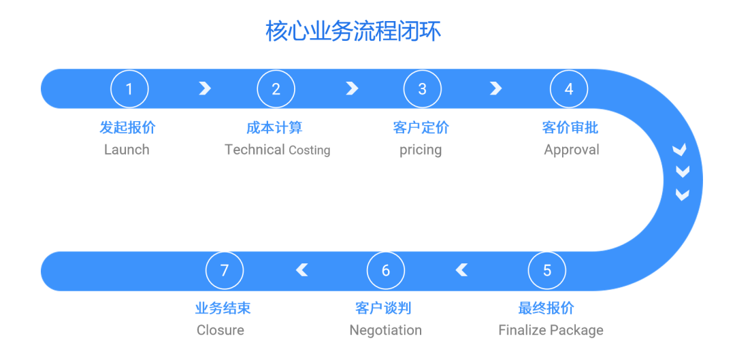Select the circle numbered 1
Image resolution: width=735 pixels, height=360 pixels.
(x=129, y=89)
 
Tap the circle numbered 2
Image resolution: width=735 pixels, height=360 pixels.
(x=276, y=89)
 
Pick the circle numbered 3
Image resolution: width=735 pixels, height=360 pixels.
(x=422, y=89)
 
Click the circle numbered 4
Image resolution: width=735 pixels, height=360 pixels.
(x=569, y=89)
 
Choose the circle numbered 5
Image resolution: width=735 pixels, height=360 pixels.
(x=547, y=271)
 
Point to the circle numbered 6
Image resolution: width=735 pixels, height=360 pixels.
(x=386, y=271)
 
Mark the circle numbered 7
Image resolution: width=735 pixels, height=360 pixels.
(x=225, y=271)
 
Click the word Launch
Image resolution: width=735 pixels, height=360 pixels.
(x=127, y=150)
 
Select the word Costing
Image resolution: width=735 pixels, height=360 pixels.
(x=310, y=150)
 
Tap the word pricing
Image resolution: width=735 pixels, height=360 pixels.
(x=421, y=150)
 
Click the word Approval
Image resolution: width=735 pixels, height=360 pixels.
(x=572, y=150)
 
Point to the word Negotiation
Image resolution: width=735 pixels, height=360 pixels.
(x=386, y=331)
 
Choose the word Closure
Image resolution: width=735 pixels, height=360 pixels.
(x=220, y=331)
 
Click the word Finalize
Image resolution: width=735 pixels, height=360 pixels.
(x=522, y=331)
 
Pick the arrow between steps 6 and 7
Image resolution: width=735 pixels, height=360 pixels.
(x=302, y=271)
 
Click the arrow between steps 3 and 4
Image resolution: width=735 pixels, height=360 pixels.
(x=496, y=88)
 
